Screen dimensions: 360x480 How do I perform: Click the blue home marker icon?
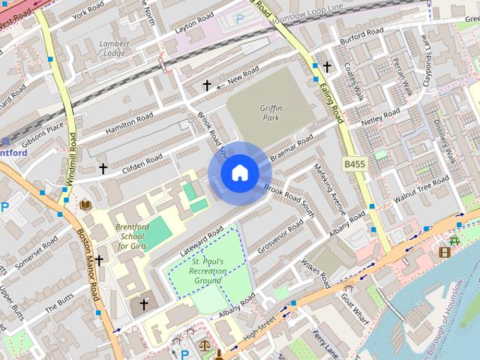239,172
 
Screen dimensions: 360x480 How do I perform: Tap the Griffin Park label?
271,113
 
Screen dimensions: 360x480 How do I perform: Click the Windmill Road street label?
72,158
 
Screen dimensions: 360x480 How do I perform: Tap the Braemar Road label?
292,148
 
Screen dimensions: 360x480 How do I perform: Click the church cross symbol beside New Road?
207,85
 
